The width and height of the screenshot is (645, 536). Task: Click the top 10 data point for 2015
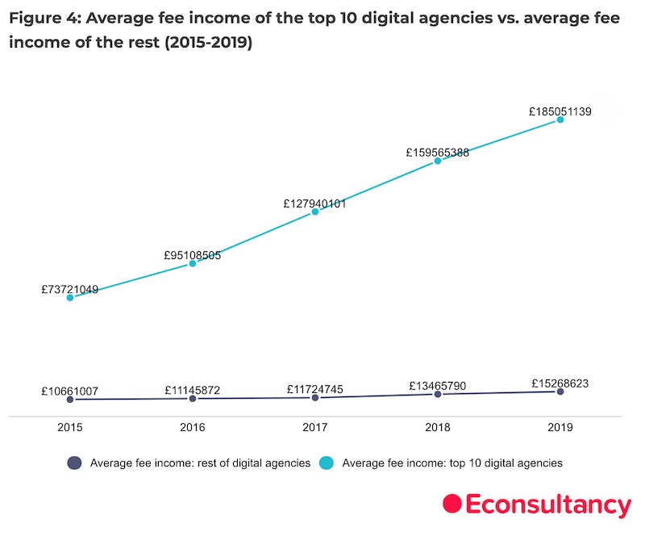pos(70,298)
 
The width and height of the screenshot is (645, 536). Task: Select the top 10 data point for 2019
pos(560,120)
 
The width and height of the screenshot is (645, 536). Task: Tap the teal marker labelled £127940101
pos(315,212)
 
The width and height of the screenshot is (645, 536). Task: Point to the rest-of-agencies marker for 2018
pos(438,394)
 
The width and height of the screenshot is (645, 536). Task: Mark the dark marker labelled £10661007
pos(70,400)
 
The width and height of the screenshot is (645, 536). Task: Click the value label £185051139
pos(560,112)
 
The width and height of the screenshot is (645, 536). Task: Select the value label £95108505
pos(193,256)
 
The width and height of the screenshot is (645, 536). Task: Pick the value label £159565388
pos(438,152)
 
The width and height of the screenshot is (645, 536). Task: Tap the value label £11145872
pos(193,390)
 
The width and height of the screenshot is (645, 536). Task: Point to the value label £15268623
pos(560,383)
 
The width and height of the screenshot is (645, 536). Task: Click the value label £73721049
pos(70,289)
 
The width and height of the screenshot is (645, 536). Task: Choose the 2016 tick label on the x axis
pos(193,429)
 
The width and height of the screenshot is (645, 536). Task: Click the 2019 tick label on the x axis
pos(560,429)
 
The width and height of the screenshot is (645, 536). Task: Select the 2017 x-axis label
pos(315,429)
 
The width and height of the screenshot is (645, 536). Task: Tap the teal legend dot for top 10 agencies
pos(327,463)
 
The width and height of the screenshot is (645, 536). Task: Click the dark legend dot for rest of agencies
pos(75,463)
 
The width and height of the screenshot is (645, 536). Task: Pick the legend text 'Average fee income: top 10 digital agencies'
pos(452,463)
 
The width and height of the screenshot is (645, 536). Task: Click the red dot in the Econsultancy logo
pos(452,504)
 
